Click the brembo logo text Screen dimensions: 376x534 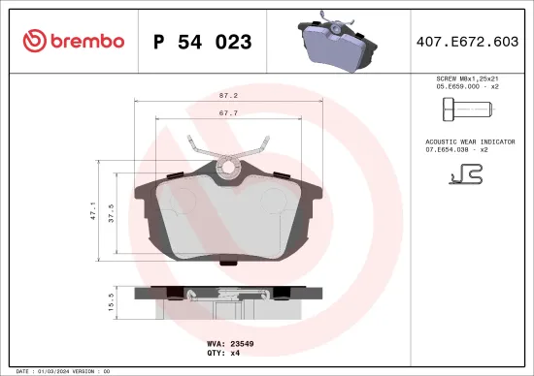tap(88, 41)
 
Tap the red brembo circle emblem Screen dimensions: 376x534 tap(34, 41)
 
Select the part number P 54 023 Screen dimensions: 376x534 tap(203, 42)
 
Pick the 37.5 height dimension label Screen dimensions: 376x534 tap(112, 213)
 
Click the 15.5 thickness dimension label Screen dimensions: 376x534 tap(112, 303)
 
